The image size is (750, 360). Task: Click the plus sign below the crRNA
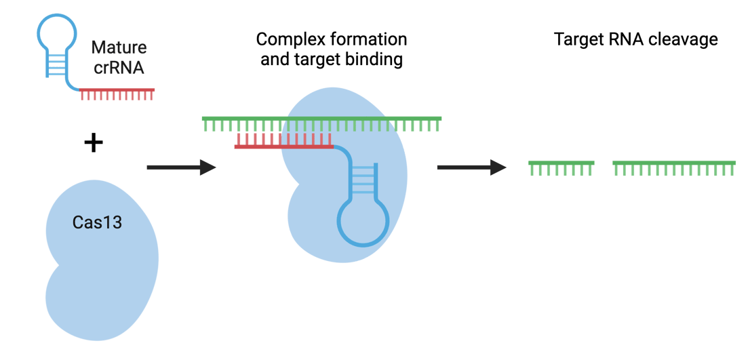pyautogui.click(x=93, y=143)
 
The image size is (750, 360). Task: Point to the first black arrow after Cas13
pyautogui.click(x=181, y=167)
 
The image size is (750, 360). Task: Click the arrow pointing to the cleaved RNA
pyautogui.click(x=471, y=167)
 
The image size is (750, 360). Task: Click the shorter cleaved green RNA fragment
pyautogui.click(x=561, y=167)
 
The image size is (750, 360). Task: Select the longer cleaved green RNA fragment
pyautogui.click(x=674, y=167)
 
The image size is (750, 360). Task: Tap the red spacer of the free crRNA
pyautogui.click(x=117, y=93)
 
